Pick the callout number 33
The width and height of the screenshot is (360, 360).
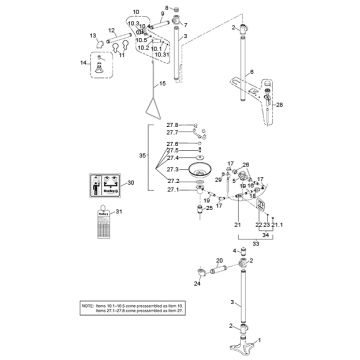[x=263, y=243]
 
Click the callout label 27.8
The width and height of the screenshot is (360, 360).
[x=171, y=125]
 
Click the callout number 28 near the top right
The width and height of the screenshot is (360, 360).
[x=282, y=104]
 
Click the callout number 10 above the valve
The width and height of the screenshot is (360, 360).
[x=136, y=14]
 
